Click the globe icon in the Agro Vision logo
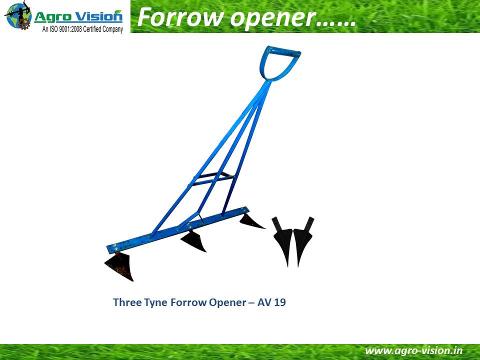click(18, 15)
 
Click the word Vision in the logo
click(99, 16)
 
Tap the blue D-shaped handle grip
click(279, 63)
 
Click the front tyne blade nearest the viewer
click(120, 266)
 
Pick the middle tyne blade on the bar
click(193, 241)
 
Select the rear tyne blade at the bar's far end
click(251, 221)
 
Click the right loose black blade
click(303, 240)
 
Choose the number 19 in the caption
click(280, 302)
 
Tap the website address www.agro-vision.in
click(413, 351)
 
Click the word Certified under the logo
click(92, 29)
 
